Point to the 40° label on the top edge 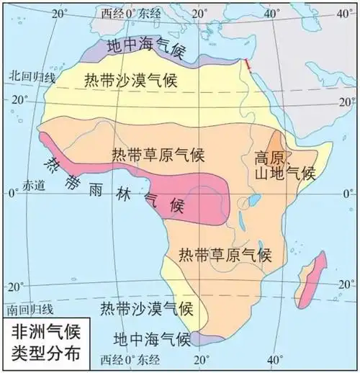273,12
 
